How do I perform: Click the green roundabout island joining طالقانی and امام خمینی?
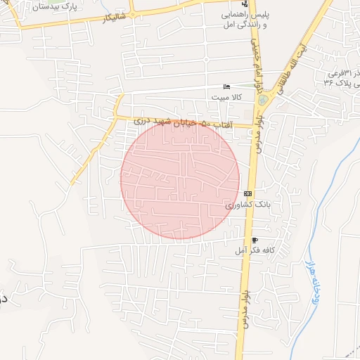click(x=262, y=101)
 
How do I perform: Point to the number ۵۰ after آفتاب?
click(x=205, y=124)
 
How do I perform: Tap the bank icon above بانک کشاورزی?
click(x=247, y=193)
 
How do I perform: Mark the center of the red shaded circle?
click(x=180, y=180)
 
